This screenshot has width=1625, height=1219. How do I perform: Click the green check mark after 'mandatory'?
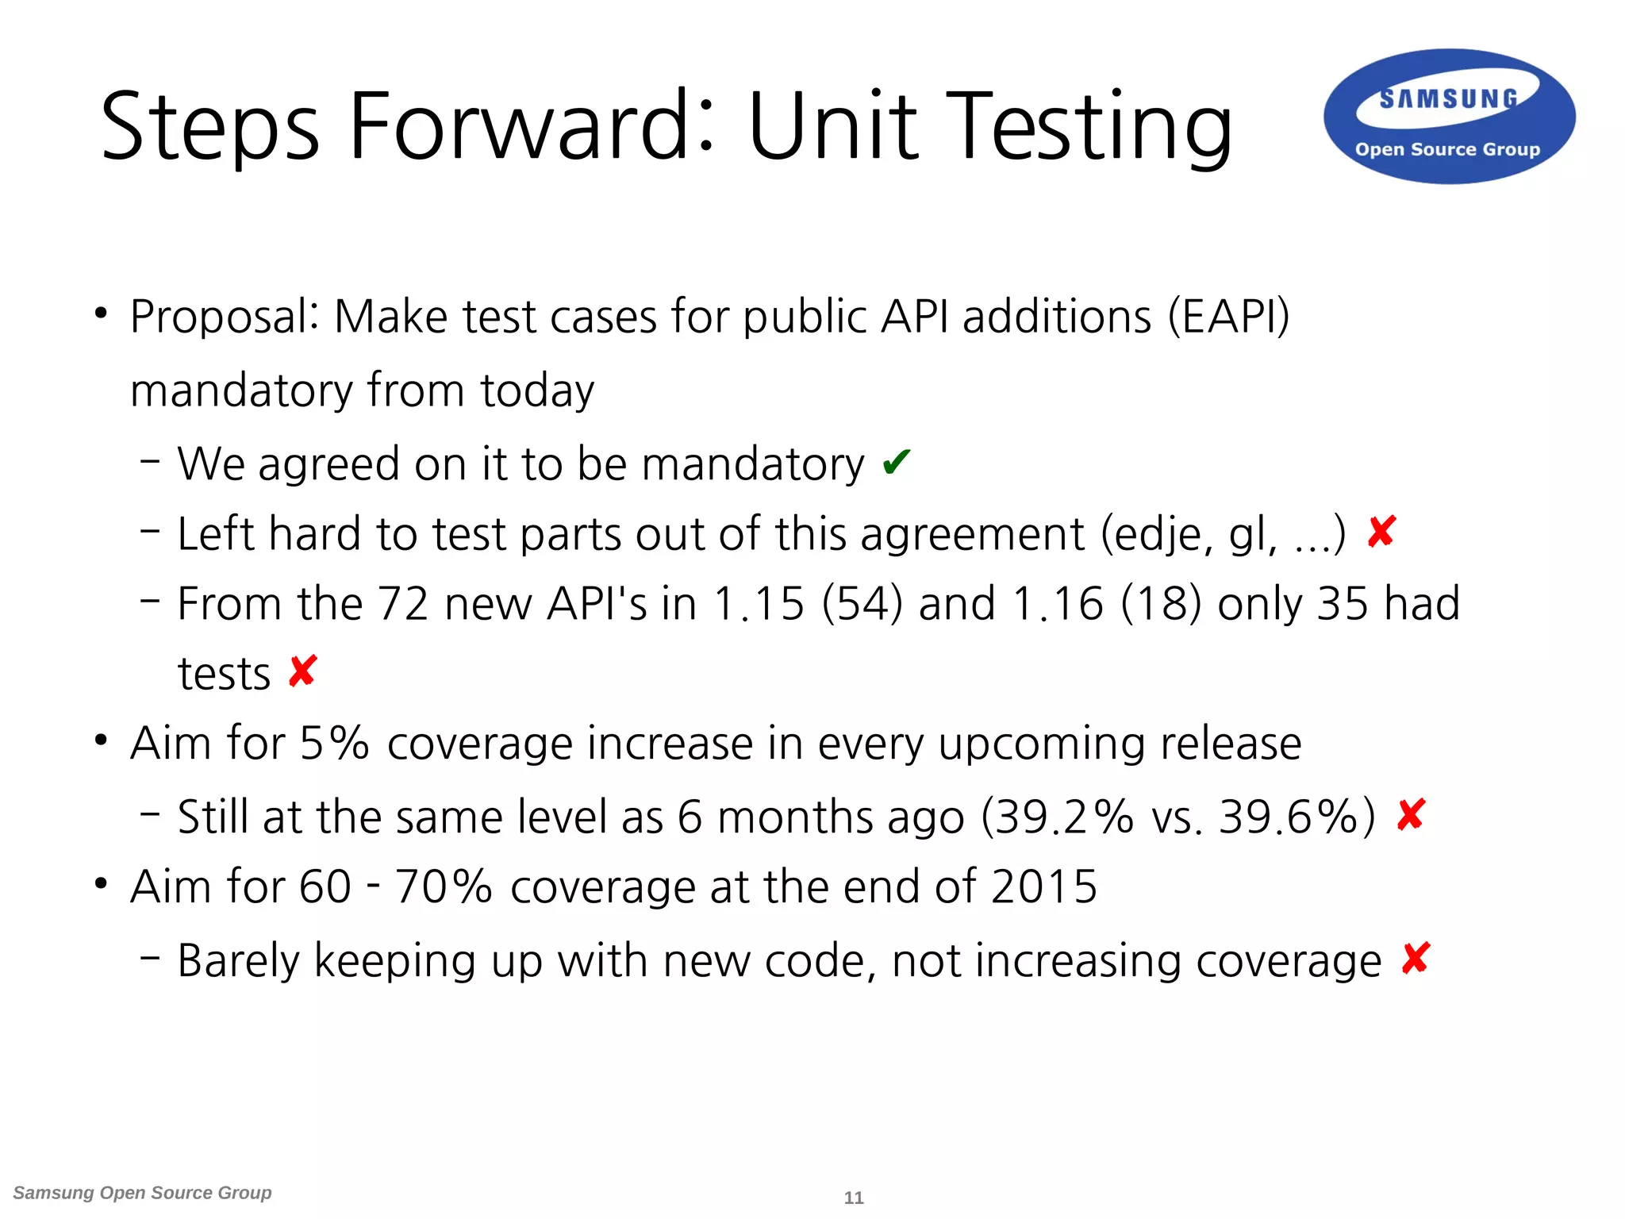(x=896, y=462)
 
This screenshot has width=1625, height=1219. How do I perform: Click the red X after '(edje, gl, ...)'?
(x=1381, y=532)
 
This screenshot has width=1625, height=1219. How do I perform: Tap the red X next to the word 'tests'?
(x=302, y=671)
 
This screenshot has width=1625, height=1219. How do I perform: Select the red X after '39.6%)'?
(x=1411, y=815)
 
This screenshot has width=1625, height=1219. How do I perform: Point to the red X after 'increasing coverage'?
(x=1416, y=959)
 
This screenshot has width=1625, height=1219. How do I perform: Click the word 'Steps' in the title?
(x=211, y=127)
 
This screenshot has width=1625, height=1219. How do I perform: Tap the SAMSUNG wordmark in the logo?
(x=1449, y=99)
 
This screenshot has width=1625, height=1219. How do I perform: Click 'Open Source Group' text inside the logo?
(x=1447, y=149)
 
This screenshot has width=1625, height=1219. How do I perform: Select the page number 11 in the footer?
(x=854, y=1198)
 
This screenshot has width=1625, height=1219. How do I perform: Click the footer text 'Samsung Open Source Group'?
(x=143, y=1193)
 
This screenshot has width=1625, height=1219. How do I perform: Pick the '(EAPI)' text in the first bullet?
(x=1228, y=317)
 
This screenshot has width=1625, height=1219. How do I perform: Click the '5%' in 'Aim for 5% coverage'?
(x=334, y=744)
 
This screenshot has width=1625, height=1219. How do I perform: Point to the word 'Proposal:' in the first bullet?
(x=225, y=317)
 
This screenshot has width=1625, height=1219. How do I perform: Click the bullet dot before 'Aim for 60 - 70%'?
(x=101, y=883)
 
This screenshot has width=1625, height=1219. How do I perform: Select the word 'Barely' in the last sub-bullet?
(x=239, y=961)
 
